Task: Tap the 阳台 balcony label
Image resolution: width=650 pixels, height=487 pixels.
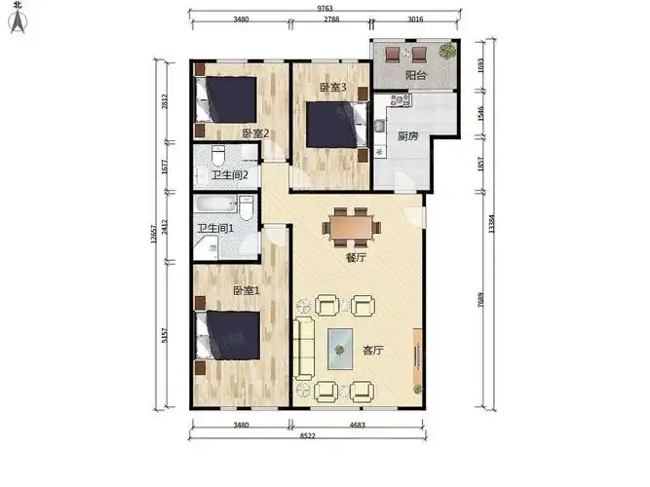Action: click(x=415, y=75)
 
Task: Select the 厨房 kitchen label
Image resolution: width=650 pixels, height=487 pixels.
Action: click(x=408, y=136)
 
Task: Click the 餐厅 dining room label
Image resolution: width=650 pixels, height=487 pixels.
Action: click(x=356, y=258)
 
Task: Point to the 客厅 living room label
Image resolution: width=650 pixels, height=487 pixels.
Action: click(x=372, y=351)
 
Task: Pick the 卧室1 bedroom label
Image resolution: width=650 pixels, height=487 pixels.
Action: click(x=247, y=291)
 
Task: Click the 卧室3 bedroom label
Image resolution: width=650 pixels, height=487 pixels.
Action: click(x=333, y=88)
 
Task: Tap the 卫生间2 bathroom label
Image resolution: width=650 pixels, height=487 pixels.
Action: click(x=230, y=175)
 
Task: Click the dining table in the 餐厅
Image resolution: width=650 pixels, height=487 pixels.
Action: click(x=352, y=228)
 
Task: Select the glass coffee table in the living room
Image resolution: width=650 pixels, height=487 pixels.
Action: click(x=340, y=349)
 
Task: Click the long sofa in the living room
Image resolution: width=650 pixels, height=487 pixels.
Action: click(x=303, y=349)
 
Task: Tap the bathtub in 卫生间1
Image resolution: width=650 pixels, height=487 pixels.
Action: click(x=215, y=204)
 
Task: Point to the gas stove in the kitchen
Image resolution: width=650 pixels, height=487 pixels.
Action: click(x=400, y=99)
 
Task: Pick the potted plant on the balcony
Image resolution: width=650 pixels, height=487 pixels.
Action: click(x=447, y=51)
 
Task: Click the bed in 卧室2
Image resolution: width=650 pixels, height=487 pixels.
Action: click(x=225, y=99)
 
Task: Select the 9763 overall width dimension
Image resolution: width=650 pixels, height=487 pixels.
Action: click(x=325, y=8)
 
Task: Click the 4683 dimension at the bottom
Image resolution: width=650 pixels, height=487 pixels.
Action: click(x=357, y=425)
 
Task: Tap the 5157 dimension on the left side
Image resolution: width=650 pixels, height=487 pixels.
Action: click(x=165, y=335)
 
